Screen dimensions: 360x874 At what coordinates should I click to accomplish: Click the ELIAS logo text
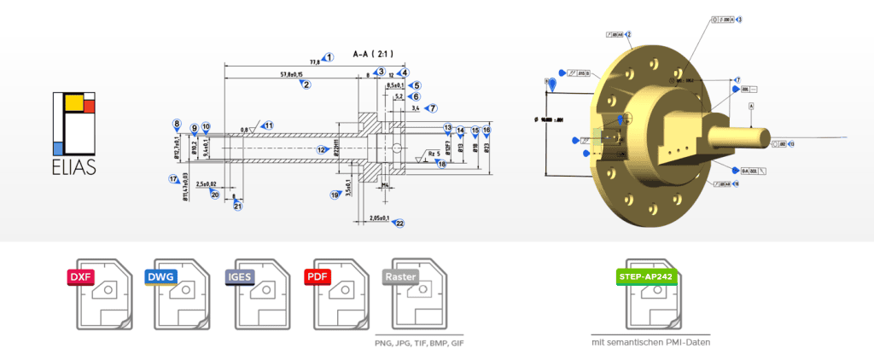73,167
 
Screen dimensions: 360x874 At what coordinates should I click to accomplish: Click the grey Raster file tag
401,277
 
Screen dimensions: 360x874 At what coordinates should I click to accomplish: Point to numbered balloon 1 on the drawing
329,57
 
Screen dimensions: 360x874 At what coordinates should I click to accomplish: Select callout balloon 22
399,224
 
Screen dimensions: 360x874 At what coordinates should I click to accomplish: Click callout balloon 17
172,179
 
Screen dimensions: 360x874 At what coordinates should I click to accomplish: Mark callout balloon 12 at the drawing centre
322,150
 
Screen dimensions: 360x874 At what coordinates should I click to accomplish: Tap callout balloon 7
433,108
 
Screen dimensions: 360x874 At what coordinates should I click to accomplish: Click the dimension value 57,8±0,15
291,76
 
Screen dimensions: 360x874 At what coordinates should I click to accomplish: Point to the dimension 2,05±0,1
373,219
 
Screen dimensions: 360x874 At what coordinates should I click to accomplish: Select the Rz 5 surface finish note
434,154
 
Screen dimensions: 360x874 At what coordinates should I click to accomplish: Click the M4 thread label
386,184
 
